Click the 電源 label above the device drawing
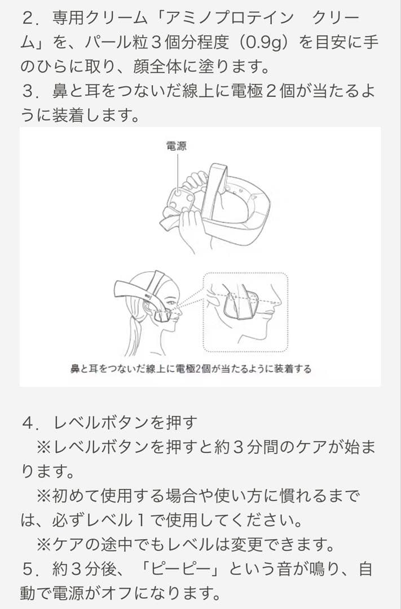[177, 146]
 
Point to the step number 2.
[28, 17]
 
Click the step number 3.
[28, 92]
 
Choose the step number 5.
[28, 569]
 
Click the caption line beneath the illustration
[190, 369]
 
